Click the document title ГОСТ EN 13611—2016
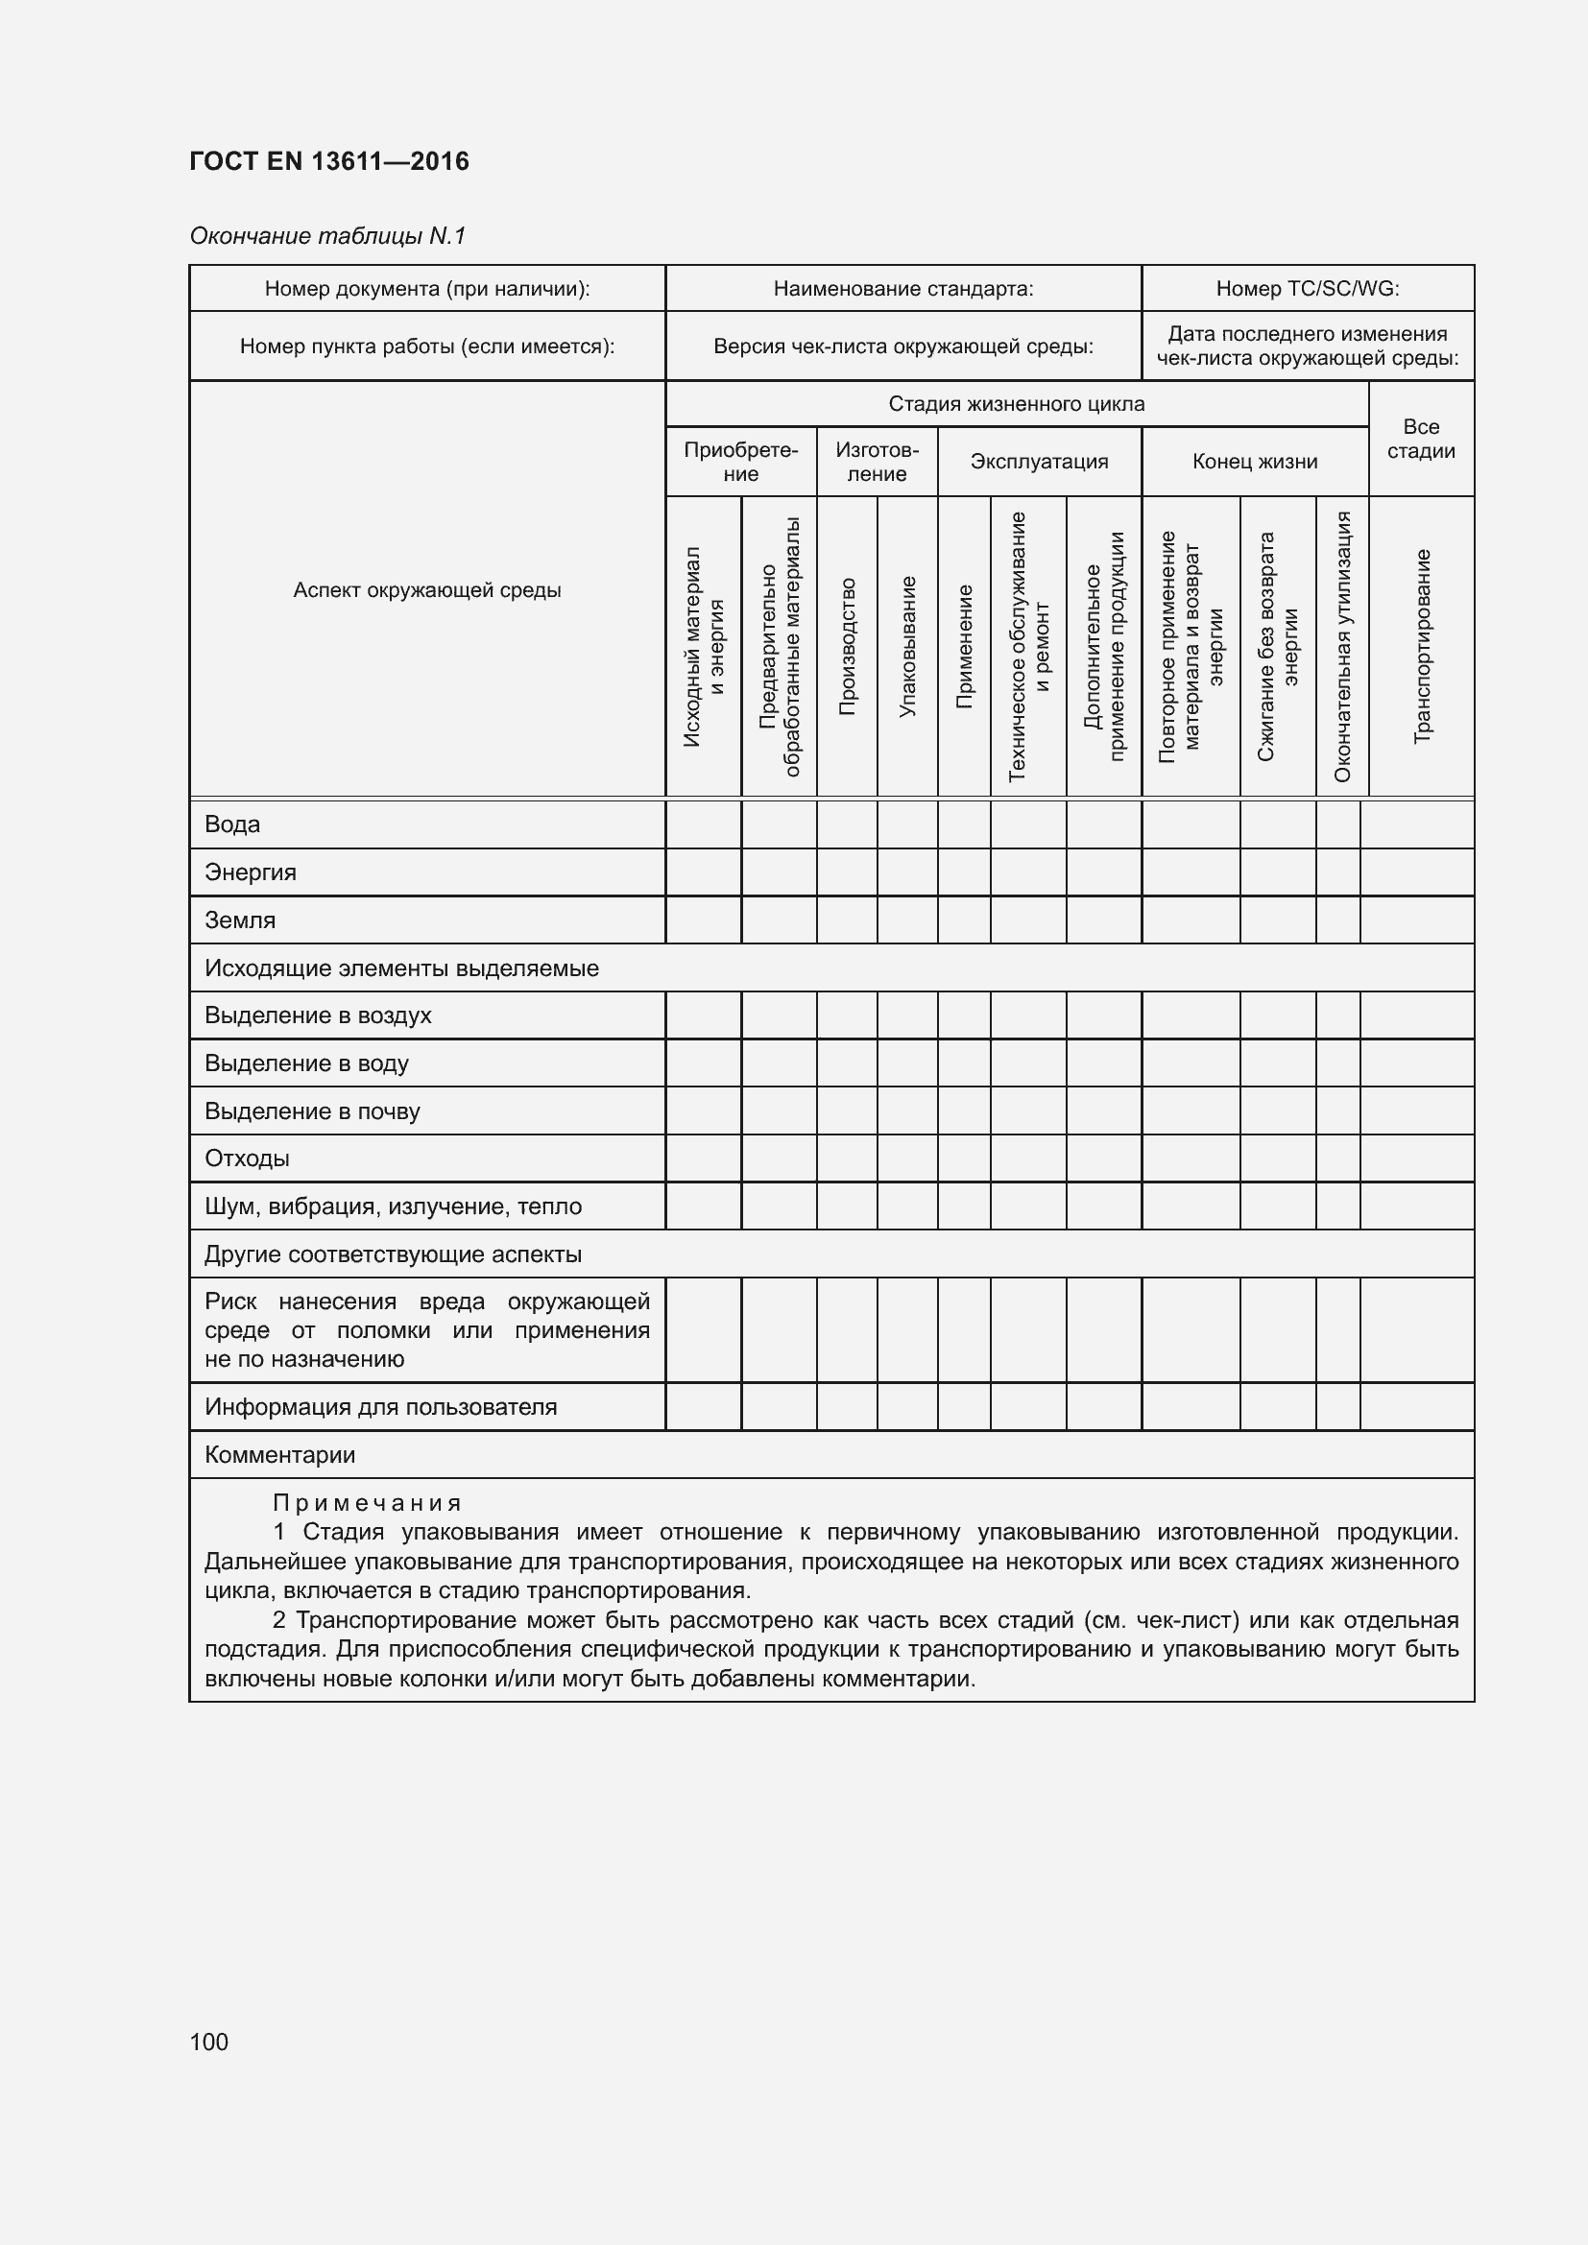[328, 161]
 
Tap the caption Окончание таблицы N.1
[327, 236]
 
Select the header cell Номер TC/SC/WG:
[1307, 289]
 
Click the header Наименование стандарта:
[902, 289]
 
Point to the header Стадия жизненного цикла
[1016, 404]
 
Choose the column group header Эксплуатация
[1039, 462]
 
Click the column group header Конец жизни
[1254, 462]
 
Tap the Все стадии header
[1420, 439]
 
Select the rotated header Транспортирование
[1422, 645]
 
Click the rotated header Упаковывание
[906, 645]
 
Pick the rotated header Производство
[847, 645]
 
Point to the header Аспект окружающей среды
[426, 589]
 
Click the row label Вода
[231, 824]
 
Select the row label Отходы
[247, 1158]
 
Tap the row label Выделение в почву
[312, 1111]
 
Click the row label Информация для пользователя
[380, 1407]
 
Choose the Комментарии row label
[279, 1455]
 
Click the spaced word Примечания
[367, 1503]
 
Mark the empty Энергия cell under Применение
[963, 872]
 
